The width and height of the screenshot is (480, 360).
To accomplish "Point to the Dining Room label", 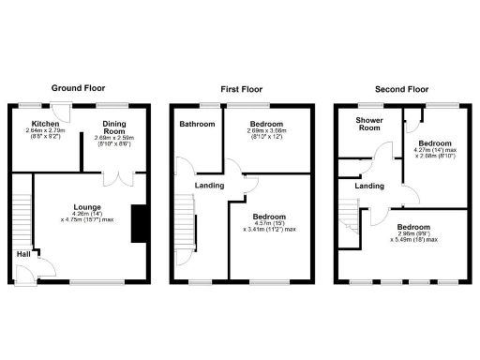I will (x=113, y=128).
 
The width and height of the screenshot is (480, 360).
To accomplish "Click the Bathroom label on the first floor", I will (x=198, y=124).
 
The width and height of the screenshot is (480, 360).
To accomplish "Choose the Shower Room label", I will (x=367, y=124).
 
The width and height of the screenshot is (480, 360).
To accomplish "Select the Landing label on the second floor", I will (x=369, y=187).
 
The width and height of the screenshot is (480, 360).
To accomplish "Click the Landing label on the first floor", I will (x=208, y=185).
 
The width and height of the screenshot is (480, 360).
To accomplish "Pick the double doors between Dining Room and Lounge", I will (x=117, y=177).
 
